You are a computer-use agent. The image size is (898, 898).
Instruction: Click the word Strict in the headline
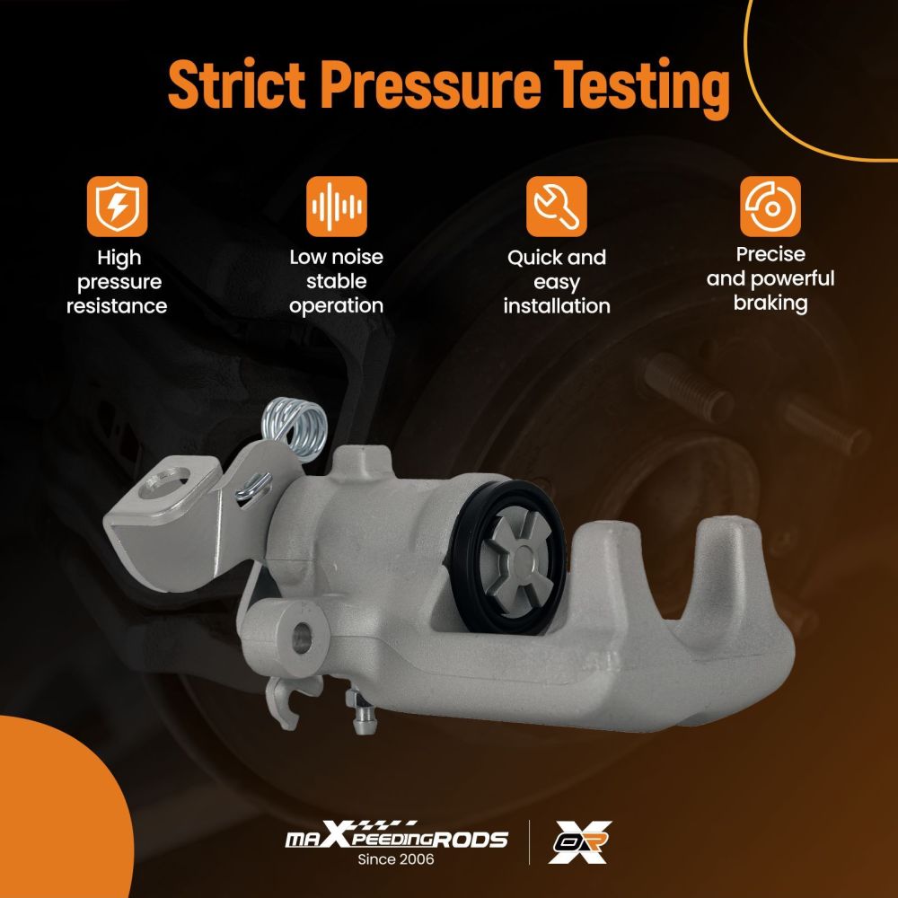coord(236,84)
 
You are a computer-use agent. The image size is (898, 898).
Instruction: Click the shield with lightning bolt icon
coord(117,207)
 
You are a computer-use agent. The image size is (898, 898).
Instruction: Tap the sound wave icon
coord(337,207)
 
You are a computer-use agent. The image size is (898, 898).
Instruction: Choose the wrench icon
coord(557,207)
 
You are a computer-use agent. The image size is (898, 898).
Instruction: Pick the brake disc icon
coord(770,207)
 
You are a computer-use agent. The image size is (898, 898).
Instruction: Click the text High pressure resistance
coord(117,282)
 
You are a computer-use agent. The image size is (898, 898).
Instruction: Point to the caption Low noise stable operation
coord(337,281)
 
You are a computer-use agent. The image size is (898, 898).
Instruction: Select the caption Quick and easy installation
coord(557,282)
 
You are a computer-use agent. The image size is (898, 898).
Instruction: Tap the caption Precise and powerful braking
coord(770,278)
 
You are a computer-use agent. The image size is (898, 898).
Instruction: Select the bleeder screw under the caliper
coord(361,712)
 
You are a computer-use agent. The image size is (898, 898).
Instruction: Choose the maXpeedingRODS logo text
coord(396,835)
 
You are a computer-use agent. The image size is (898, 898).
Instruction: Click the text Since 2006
coord(396,859)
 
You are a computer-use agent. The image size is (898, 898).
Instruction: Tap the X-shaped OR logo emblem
coord(579,842)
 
